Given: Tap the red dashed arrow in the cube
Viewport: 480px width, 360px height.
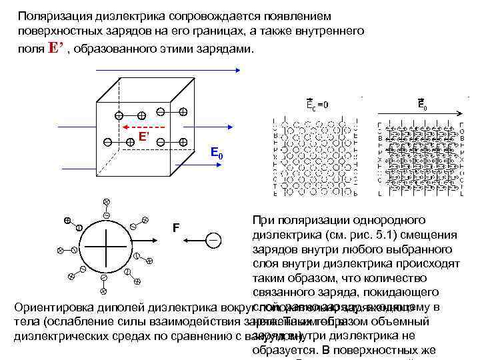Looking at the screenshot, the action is click(x=143, y=127).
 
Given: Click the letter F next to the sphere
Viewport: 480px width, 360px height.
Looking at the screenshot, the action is click(x=175, y=228).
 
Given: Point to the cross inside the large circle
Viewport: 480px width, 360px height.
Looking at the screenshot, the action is click(x=106, y=245).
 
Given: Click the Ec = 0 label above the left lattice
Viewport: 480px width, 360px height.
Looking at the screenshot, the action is click(x=317, y=104).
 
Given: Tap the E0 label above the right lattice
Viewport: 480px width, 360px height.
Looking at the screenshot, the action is click(x=423, y=105).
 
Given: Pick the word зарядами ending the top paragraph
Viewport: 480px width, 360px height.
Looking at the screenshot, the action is click(x=221, y=50).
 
